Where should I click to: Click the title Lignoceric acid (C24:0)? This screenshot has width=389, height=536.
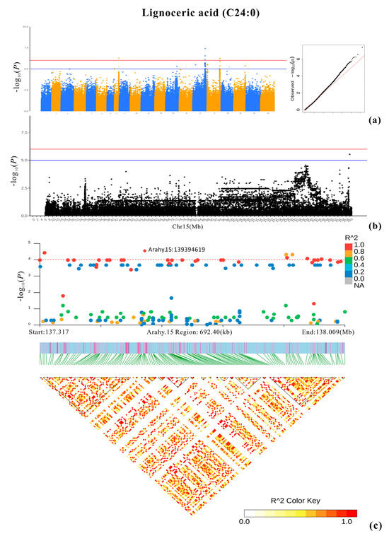point(194,11)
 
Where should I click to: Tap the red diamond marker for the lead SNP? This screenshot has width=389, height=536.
point(145,250)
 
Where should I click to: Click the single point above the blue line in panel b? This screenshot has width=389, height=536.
point(349,154)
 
